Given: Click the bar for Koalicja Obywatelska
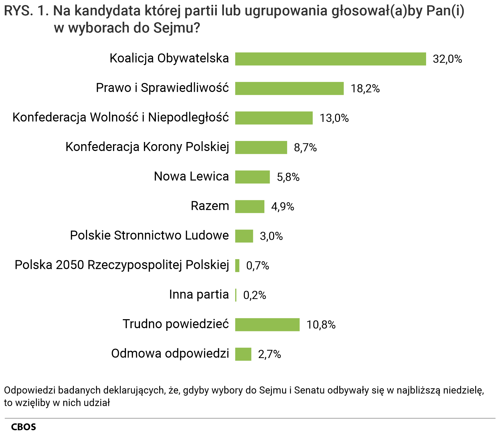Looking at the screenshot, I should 330,59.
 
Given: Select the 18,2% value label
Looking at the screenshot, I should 365,89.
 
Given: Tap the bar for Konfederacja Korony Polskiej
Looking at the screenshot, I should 261,148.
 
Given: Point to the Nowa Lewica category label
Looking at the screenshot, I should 191,176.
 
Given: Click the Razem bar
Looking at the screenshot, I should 250,207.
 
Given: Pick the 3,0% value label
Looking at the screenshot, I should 271,236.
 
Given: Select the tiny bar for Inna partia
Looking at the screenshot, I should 236,295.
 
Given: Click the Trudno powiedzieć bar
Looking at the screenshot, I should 267,325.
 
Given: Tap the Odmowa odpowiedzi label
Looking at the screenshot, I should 170,354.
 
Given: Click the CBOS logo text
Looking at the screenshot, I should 23,427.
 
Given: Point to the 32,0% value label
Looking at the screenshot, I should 447,59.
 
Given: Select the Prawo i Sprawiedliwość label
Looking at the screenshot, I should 162,88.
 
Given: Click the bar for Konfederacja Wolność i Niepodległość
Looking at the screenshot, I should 274,118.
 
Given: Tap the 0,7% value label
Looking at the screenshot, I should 257,266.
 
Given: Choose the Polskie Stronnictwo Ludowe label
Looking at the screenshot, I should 149,235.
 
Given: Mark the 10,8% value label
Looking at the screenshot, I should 321,325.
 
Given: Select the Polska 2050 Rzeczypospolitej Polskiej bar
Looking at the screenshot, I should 237,266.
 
